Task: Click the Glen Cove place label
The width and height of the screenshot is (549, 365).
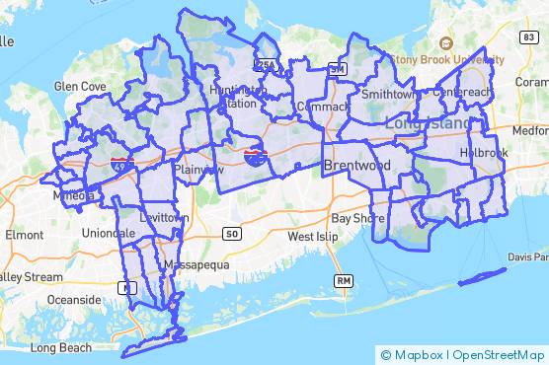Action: (80, 87)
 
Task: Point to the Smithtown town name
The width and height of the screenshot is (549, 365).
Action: (388, 95)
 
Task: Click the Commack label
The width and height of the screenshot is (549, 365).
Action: (323, 106)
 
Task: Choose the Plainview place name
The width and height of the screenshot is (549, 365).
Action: (198, 170)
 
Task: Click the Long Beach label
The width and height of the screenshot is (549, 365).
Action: (61, 347)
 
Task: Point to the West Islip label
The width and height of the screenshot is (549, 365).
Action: (314, 238)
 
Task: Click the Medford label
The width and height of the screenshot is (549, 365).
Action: (531, 130)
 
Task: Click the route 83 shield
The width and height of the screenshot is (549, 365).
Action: (529, 36)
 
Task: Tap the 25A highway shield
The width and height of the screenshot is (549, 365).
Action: (267, 66)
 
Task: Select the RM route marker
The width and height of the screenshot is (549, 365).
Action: (344, 281)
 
